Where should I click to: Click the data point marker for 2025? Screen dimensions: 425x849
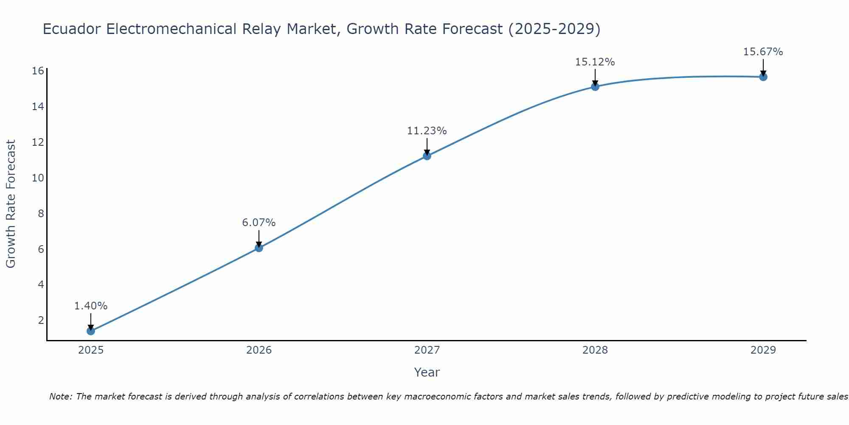(x=91, y=331)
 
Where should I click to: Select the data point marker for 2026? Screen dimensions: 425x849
(x=259, y=248)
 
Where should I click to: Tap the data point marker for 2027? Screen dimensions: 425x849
(x=427, y=156)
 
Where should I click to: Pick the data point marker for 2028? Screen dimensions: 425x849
(x=595, y=87)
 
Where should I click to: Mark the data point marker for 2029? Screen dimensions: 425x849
(x=763, y=77)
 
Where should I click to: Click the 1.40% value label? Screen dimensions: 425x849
(x=91, y=306)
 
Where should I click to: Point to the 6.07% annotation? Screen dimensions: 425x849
(x=259, y=223)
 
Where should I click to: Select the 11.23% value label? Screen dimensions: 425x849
(x=427, y=131)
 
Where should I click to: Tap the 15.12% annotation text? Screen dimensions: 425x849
(x=595, y=62)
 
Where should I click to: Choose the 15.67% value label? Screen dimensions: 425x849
(x=763, y=52)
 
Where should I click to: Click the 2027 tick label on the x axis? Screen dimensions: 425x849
(x=427, y=350)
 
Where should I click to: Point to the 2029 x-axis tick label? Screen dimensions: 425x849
(x=763, y=350)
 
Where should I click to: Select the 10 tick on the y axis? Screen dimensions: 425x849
(x=38, y=178)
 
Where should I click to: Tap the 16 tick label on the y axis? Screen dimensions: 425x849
(x=38, y=71)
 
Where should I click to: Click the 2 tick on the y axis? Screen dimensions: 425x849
(x=41, y=320)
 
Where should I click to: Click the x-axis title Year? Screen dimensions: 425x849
(x=427, y=372)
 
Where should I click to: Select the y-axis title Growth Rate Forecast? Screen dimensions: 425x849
(x=11, y=204)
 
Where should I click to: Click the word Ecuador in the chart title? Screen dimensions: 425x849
(x=72, y=29)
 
